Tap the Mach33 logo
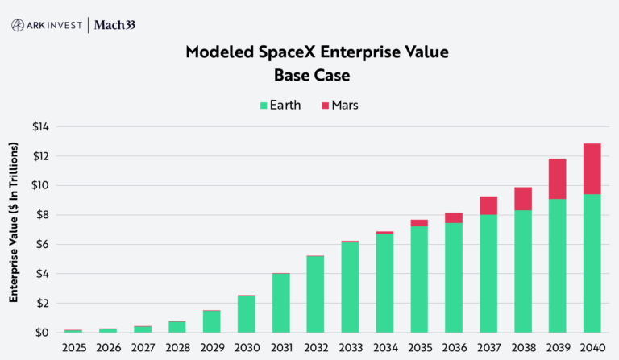[x=114, y=25]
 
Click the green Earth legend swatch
[x=264, y=105]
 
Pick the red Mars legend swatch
[x=326, y=105]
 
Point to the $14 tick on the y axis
[x=40, y=126]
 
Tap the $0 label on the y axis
[x=42, y=333]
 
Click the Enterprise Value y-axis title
[x=14, y=222]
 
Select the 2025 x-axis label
[x=73, y=347]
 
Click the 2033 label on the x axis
[x=349, y=347]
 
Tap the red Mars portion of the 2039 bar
[x=556, y=179]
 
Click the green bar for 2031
[x=280, y=303]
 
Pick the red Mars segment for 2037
[x=487, y=205]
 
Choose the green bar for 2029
[x=211, y=321]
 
